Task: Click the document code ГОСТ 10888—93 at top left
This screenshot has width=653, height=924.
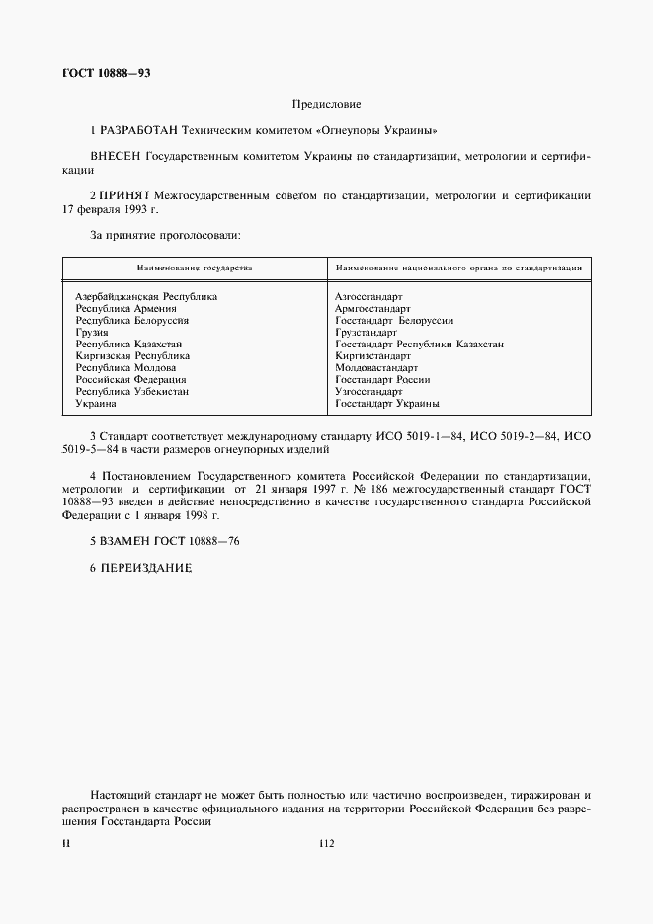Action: (107, 73)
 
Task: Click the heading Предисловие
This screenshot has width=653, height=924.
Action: (326, 104)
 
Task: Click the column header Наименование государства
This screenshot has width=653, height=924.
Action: (195, 268)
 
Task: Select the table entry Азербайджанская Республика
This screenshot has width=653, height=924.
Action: (146, 296)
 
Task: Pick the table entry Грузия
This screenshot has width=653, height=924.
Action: (92, 332)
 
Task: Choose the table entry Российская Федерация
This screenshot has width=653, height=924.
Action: (130, 379)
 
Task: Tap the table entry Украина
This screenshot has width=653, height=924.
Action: (96, 403)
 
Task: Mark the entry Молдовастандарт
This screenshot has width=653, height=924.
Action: (376, 367)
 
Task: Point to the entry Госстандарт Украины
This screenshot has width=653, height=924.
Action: (387, 403)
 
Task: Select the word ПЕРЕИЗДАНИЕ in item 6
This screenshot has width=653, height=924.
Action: (142, 569)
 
